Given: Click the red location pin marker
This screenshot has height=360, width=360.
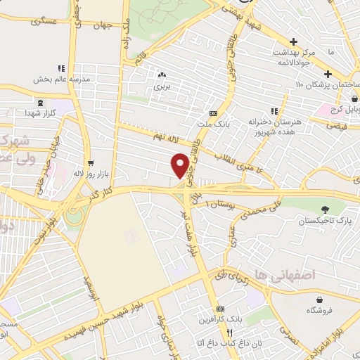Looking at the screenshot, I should click(180, 165).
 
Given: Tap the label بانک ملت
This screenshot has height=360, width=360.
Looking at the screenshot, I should click(214, 124).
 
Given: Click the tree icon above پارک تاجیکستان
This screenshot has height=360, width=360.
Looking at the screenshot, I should click(324, 209).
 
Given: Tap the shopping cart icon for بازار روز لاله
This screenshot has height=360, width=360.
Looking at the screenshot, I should click(89, 161).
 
